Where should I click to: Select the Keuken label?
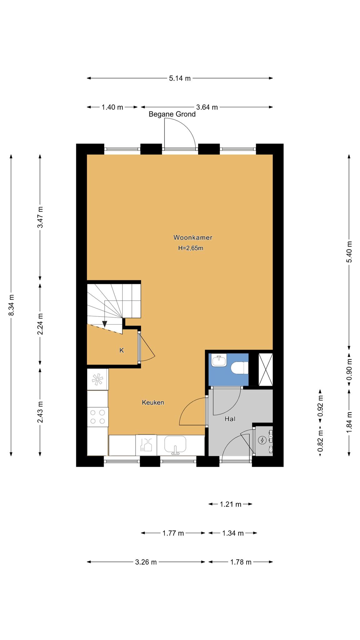pos(153,402)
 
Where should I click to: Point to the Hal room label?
pos(230,419)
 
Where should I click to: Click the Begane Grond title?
pos(172,114)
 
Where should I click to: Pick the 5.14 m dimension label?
pos(180,78)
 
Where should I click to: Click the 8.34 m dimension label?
pos(11,305)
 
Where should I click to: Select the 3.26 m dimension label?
pos(146,562)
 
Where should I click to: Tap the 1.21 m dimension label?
pos(231,504)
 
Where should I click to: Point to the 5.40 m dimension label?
pos(349,252)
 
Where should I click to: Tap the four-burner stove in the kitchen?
pos(97,417)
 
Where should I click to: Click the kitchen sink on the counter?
pos(175,445)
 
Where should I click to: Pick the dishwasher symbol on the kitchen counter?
pos(146,445)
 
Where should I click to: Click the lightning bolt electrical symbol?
pos(262,440)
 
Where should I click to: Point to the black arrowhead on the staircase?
pos(105,324)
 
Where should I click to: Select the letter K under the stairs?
pos(122,351)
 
